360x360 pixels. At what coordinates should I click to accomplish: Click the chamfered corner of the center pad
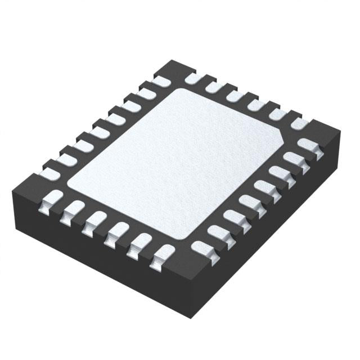(281, 138)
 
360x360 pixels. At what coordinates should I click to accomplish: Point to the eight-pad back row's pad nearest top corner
(160, 82)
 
